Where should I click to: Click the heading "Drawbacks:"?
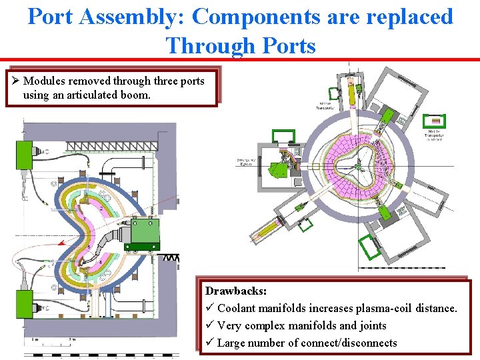[236, 291]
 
